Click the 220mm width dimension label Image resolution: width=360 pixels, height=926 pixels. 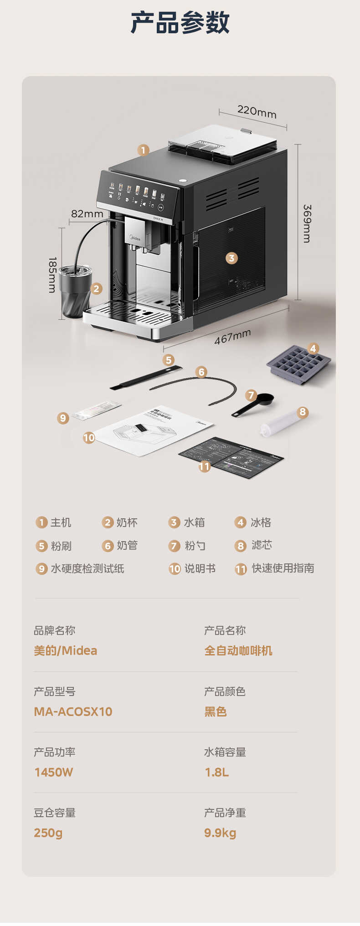coord(257,112)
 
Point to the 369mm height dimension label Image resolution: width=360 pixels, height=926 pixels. coord(308,223)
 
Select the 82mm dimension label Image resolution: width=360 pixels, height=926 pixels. coord(87,214)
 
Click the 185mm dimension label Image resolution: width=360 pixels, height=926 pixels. coord(52,275)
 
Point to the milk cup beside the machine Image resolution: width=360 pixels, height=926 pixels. coord(76,292)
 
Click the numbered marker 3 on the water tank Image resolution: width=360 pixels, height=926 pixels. coord(231,258)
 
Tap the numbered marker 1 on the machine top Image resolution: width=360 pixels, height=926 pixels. coord(143,150)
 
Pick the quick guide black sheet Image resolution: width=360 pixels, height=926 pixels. coord(231,457)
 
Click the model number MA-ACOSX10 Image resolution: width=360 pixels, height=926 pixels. coord(73,711)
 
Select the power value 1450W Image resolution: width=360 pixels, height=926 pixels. coord(54,772)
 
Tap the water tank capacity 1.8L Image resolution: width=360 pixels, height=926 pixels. coord(216,772)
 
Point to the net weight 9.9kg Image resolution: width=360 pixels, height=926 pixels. coord(220,833)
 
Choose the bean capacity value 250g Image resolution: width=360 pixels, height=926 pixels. coord(48,833)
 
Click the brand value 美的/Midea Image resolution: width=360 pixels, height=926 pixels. coord(65,650)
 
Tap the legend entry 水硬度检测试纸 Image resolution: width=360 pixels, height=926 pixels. coord(87,568)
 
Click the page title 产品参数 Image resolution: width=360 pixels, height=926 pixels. coord(180,23)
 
